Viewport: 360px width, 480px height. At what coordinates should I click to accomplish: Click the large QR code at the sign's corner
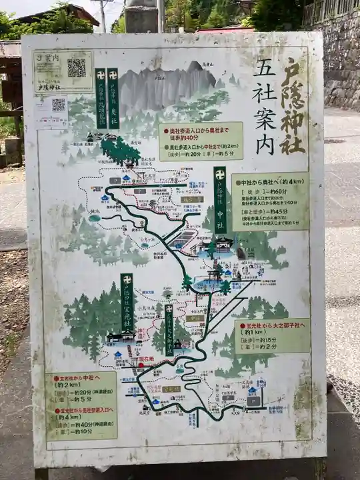(77, 67)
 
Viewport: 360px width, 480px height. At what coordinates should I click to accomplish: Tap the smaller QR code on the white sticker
(59, 105)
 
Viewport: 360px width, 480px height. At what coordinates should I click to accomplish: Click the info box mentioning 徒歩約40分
(201, 141)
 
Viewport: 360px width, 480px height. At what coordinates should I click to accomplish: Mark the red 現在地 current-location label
(145, 359)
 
